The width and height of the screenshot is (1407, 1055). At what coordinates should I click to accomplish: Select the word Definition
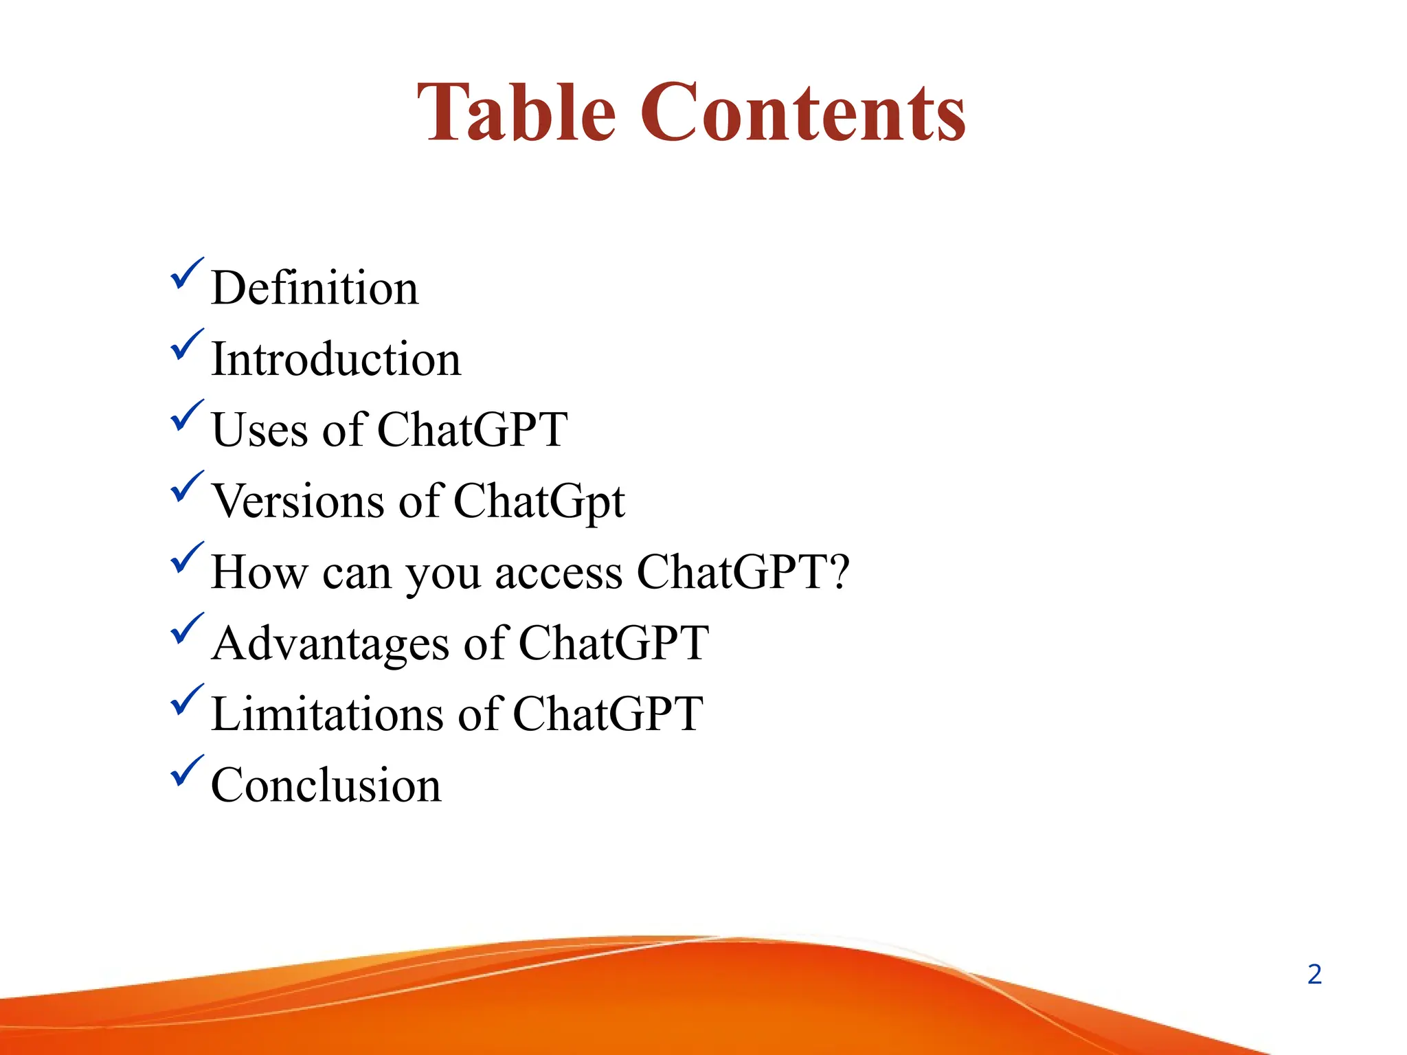[x=315, y=288]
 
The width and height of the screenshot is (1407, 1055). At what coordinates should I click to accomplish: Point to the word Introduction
[x=336, y=359]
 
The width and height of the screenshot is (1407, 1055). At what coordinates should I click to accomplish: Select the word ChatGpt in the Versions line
[x=539, y=502]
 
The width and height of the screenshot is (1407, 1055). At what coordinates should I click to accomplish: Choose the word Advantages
[x=330, y=644]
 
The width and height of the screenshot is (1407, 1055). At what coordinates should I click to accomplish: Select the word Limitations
[x=327, y=714]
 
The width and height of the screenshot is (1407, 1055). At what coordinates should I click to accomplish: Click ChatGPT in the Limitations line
[x=607, y=714]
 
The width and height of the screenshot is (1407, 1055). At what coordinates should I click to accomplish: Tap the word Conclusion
[x=326, y=785]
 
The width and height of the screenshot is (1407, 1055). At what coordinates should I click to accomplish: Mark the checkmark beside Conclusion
[x=186, y=771]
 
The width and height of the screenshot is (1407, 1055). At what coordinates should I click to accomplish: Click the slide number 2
[x=1314, y=975]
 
